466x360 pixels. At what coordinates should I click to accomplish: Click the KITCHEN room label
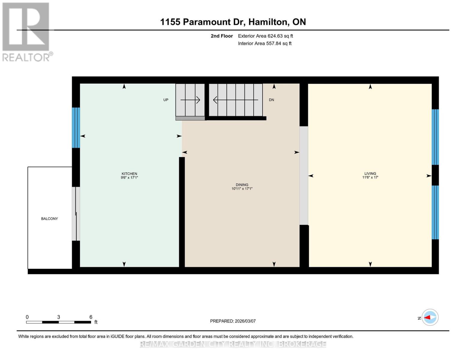(x=129, y=174)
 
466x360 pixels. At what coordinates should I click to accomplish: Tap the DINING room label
(x=242, y=185)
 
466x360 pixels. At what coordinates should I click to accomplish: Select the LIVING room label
(x=370, y=173)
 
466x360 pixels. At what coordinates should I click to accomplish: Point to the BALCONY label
(x=50, y=219)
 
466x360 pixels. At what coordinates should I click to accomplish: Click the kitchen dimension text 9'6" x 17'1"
(x=129, y=178)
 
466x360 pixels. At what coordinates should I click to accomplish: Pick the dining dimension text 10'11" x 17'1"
(x=242, y=189)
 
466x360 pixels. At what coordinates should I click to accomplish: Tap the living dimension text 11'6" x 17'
(x=370, y=177)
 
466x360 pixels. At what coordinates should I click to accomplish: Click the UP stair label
(x=166, y=100)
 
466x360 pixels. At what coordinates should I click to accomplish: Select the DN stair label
(x=271, y=100)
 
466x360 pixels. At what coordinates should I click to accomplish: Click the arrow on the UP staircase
(x=190, y=100)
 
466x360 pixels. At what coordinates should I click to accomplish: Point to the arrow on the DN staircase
(x=236, y=100)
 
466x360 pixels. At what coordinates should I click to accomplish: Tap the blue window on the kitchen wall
(x=76, y=128)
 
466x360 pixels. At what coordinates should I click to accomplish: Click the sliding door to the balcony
(x=76, y=214)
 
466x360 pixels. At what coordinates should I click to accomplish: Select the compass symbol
(x=430, y=317)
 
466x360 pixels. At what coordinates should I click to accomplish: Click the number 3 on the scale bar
(x=59, y=317)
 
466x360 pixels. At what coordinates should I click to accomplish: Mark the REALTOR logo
(x=26, y=31)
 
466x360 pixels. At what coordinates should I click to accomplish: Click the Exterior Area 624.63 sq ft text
(x=265, y=36)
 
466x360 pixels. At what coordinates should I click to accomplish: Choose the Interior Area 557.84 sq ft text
(x=265, y=43)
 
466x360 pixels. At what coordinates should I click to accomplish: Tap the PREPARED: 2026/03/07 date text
(x=233, y=321)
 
